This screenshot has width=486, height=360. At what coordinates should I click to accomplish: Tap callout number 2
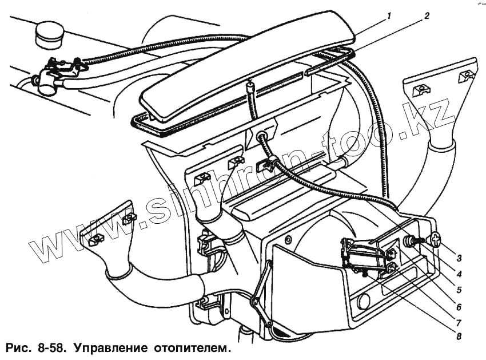[x=426, y=17]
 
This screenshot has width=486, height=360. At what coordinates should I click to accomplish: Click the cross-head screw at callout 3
[x=436, y=238]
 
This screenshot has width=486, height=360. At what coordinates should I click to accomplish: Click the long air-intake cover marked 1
[x=246, y=72]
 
